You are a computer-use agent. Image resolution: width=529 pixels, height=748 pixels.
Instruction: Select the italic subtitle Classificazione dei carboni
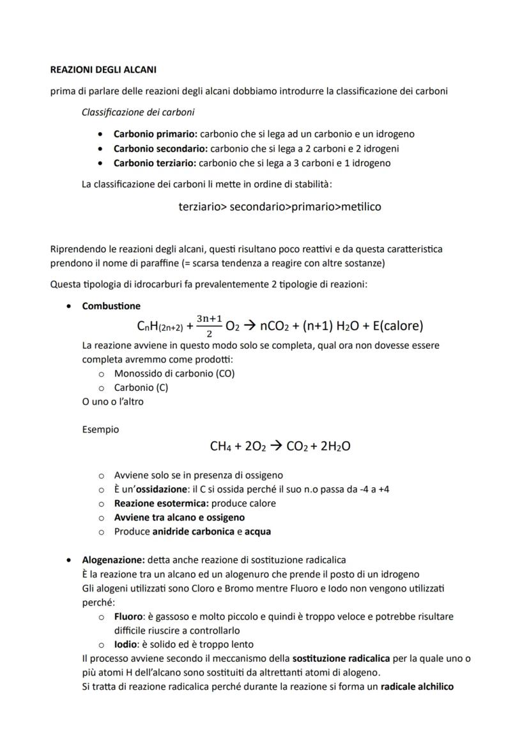(x=139, y=112)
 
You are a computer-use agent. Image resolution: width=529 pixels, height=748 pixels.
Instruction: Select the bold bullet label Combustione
(x=111, y=306)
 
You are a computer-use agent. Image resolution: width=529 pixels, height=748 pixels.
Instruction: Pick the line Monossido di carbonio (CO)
(x=174, y=374)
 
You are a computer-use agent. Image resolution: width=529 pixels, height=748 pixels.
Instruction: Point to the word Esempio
(x=100, y=430)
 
